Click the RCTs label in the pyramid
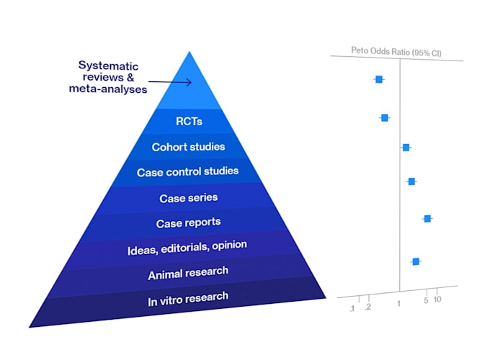[x=188, y=122]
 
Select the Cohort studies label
[x=188, y=147]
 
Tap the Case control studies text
[x=187, y=172]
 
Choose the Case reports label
[x=188, y=222]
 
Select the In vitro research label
[x=188, y=297]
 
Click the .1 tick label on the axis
[x=352, y=308]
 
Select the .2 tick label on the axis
[x=368, y=307]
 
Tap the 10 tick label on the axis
[x=437, y=300]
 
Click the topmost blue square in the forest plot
[x=379, y=79]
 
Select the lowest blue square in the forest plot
[x=416, y=261]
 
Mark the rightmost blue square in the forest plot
[x=427, y=218]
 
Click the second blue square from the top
[x=385, y=117]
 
